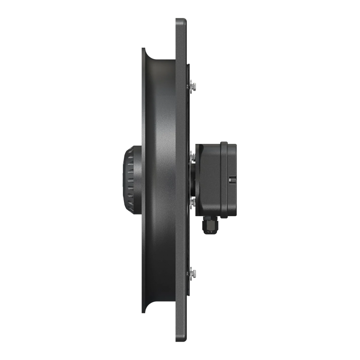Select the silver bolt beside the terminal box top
click(x=192, y=154)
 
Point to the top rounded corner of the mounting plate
click(x=181, y=21)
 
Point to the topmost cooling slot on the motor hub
click(x=128, y=155)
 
